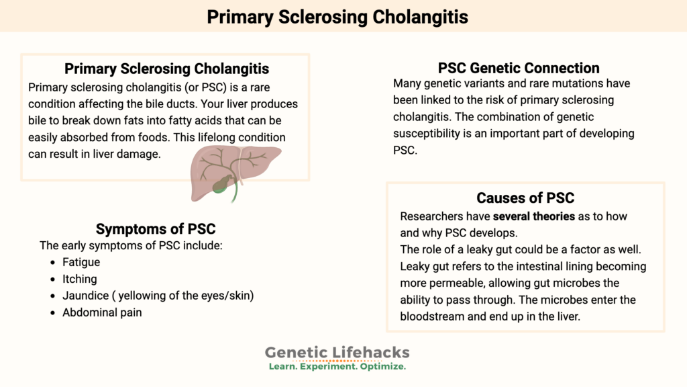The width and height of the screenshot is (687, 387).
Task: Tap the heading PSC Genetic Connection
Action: (519, 68)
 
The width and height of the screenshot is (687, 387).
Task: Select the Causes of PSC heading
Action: (525, 198)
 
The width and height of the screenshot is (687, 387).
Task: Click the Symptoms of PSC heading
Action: (156, 228)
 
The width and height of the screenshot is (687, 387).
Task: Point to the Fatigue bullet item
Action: (81, 262)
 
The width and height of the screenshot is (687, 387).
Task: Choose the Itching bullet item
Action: (80, 279)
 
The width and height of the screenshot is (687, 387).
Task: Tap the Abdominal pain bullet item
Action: (102, 312)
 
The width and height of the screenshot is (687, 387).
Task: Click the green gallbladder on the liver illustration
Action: (222, 183)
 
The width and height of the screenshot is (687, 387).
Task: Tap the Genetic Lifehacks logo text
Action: (337, 352)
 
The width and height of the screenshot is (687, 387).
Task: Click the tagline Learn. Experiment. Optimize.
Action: (337, 367)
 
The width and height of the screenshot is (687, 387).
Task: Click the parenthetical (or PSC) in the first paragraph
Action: (188, 88)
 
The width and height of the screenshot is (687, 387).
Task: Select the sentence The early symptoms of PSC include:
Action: (131, 245)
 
